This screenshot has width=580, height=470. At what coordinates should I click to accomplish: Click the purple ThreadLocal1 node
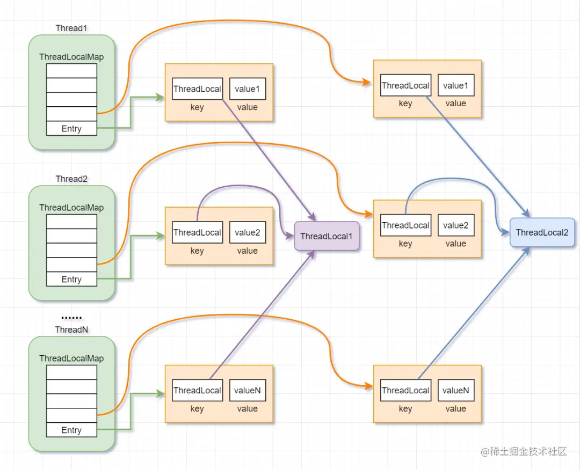tap(327, 237)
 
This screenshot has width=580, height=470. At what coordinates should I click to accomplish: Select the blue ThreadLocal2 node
tap(542, 232)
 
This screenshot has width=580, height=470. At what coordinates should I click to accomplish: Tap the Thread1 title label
tap(71, 28)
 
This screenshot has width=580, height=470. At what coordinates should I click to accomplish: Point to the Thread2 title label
tap(71, 179)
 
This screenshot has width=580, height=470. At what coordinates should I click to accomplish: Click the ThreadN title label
tap(71, 329)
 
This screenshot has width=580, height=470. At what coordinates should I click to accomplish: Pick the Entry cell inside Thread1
tap(71, 129)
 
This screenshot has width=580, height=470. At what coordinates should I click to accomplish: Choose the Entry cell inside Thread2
tap(71, 280)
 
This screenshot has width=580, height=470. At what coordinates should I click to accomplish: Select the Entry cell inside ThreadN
tap(71, 430)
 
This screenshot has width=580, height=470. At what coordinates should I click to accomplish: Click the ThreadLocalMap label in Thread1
tap(71, 57)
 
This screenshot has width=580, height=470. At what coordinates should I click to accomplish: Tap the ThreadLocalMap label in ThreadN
tap(71, 358)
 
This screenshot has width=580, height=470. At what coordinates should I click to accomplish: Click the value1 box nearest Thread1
tap(248, 89)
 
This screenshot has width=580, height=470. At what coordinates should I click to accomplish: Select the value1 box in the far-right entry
tap(455, 85)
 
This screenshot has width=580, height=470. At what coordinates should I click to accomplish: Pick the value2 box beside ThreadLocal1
tap(248, 233)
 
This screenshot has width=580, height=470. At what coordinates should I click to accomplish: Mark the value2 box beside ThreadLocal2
tap(455, 225)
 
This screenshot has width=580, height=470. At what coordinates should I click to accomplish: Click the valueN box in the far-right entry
tap(455, 391)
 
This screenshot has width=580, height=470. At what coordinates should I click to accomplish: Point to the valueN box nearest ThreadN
tap(248, 391)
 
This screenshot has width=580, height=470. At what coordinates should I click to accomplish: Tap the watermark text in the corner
tap(524, 452)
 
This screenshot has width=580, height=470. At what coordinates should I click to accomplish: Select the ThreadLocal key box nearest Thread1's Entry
tap(197, 89)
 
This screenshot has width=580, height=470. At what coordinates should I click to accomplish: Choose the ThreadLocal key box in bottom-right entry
tap(405, 391)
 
